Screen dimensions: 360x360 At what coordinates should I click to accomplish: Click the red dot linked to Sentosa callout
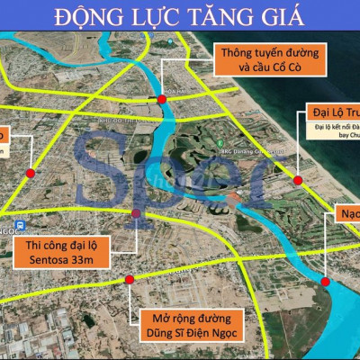click(136, 214)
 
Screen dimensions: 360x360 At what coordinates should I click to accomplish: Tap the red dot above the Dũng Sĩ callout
click(130, 280)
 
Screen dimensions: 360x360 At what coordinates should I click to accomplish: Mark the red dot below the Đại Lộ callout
click(298, 180)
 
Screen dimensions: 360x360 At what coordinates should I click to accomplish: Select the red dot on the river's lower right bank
click(324, 282)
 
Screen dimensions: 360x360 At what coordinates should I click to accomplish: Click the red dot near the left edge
click(31, 173)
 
